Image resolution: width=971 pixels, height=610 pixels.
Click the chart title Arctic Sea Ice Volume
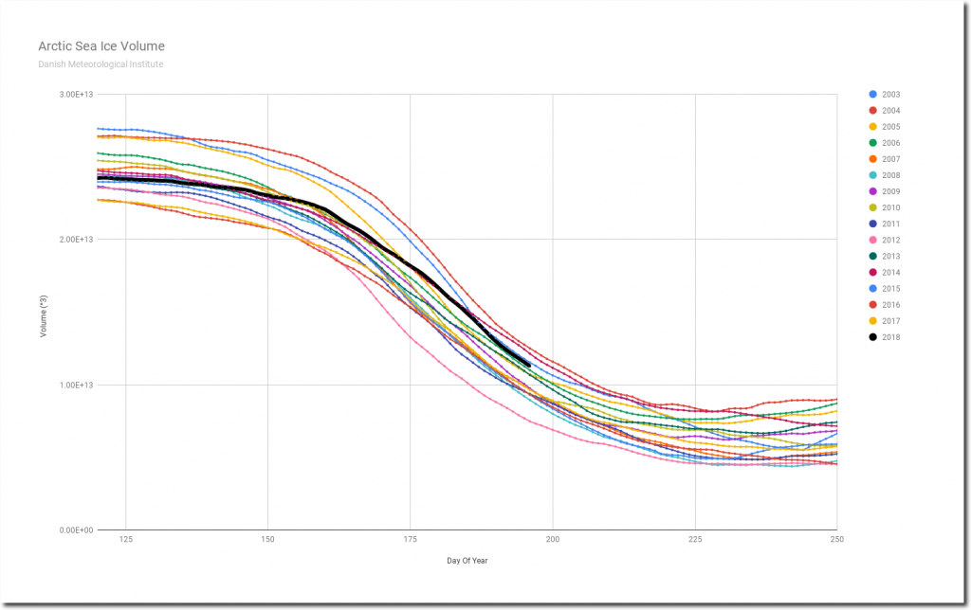(x=101, y=45)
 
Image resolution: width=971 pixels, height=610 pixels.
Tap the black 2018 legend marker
(x=872, y=337)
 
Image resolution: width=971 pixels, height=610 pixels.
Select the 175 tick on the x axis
(x=411, y=540)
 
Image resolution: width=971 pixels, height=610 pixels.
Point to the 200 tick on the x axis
(x=553, y=540)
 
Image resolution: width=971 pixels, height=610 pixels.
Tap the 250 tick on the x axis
(x=836, y=540)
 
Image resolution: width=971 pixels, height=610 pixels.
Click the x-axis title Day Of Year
(x=467, y=561)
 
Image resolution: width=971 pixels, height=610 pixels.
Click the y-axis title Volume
(x=44, y=313)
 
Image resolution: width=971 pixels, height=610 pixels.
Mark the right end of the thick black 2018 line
(x=528, y=366)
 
